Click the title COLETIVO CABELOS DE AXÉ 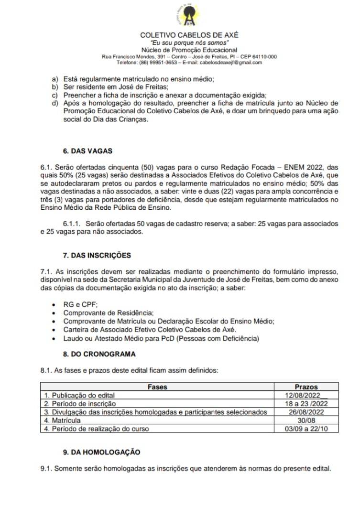coord(189,35)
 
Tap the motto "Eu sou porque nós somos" coord(189,43)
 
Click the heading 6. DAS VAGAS coord(87,151)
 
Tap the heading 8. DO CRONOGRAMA coord(99,354)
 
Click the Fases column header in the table coord(157,387)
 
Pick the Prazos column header coord(306,387)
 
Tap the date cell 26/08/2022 coord(306,412)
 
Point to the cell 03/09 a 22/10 coord(306,429)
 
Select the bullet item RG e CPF coord(76,304)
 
